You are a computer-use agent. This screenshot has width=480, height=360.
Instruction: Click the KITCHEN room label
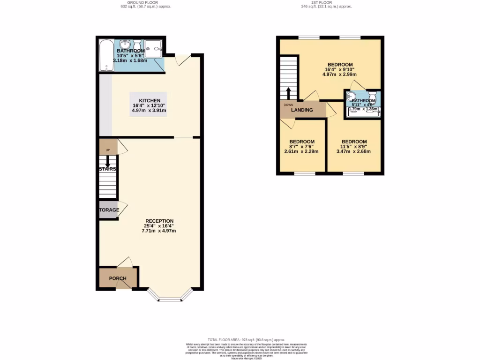(150, 100)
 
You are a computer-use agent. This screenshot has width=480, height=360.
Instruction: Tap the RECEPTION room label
(159, 221)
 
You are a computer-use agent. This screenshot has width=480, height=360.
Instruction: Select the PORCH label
(118, 278)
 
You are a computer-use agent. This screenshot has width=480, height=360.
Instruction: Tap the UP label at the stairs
(107, 150)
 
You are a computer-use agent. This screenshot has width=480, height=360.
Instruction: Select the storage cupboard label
(109, 210)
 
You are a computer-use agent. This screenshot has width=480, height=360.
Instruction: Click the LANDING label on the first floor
(302, 110)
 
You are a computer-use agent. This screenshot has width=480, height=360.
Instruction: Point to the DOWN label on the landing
(288, 105)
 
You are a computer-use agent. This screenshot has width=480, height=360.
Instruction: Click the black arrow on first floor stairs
(288, 92)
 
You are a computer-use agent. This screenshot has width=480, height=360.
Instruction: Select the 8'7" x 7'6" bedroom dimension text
(301, 146)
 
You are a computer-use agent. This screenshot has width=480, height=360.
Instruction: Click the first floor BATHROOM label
(364, 101)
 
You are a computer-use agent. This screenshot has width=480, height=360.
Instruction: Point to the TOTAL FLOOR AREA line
(240, 339)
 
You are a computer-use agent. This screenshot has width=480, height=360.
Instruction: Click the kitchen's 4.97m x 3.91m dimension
(150, 111)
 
